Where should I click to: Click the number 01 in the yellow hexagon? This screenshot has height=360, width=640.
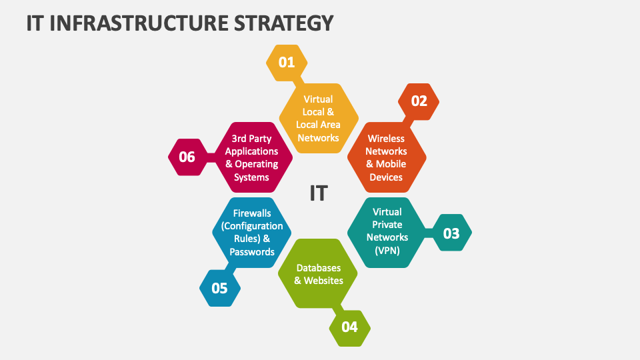pyautogui.click(x=286, y=63)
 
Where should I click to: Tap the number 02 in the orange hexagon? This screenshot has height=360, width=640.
pyautogui.click(x=419, y=101)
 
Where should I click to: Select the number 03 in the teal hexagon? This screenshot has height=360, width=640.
pyautogui.click(x=451, y=233)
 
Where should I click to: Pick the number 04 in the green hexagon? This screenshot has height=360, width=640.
pyautogui.click(x=350, y=327)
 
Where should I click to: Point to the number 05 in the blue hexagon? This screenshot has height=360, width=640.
pyautogui.click(x=219, y=289)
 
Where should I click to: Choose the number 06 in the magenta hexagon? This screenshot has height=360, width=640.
pyautogui.click(x=187, y=157)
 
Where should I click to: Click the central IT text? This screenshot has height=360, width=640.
pyautogui.click(x=319, y=193)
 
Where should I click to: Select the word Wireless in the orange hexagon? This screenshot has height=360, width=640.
pyautogui.click(x=387, y=139)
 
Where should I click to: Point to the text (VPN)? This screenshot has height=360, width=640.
pyautogui.click(x=387, y=249)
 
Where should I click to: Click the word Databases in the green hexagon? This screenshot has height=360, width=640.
pyautogui.click(x=319, y=267)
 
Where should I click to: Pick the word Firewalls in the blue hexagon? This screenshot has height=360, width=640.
pyautogui.click(x=252, y=213)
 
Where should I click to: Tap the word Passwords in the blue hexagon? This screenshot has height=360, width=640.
pyautogui.click(x=252, y=252)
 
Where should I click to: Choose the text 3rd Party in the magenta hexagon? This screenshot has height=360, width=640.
pyautogui.click(x=251, y=139)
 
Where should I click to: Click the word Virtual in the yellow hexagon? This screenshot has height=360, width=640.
pyautogui.click(x=318, y=99)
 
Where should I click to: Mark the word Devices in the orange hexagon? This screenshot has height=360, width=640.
pyautogui.click(x=387, y=177)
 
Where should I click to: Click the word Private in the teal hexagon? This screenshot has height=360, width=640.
pyautogui.click(x=387, y=225)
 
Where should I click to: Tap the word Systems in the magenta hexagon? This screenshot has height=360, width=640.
pyautogui.click(x=251, y=177)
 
